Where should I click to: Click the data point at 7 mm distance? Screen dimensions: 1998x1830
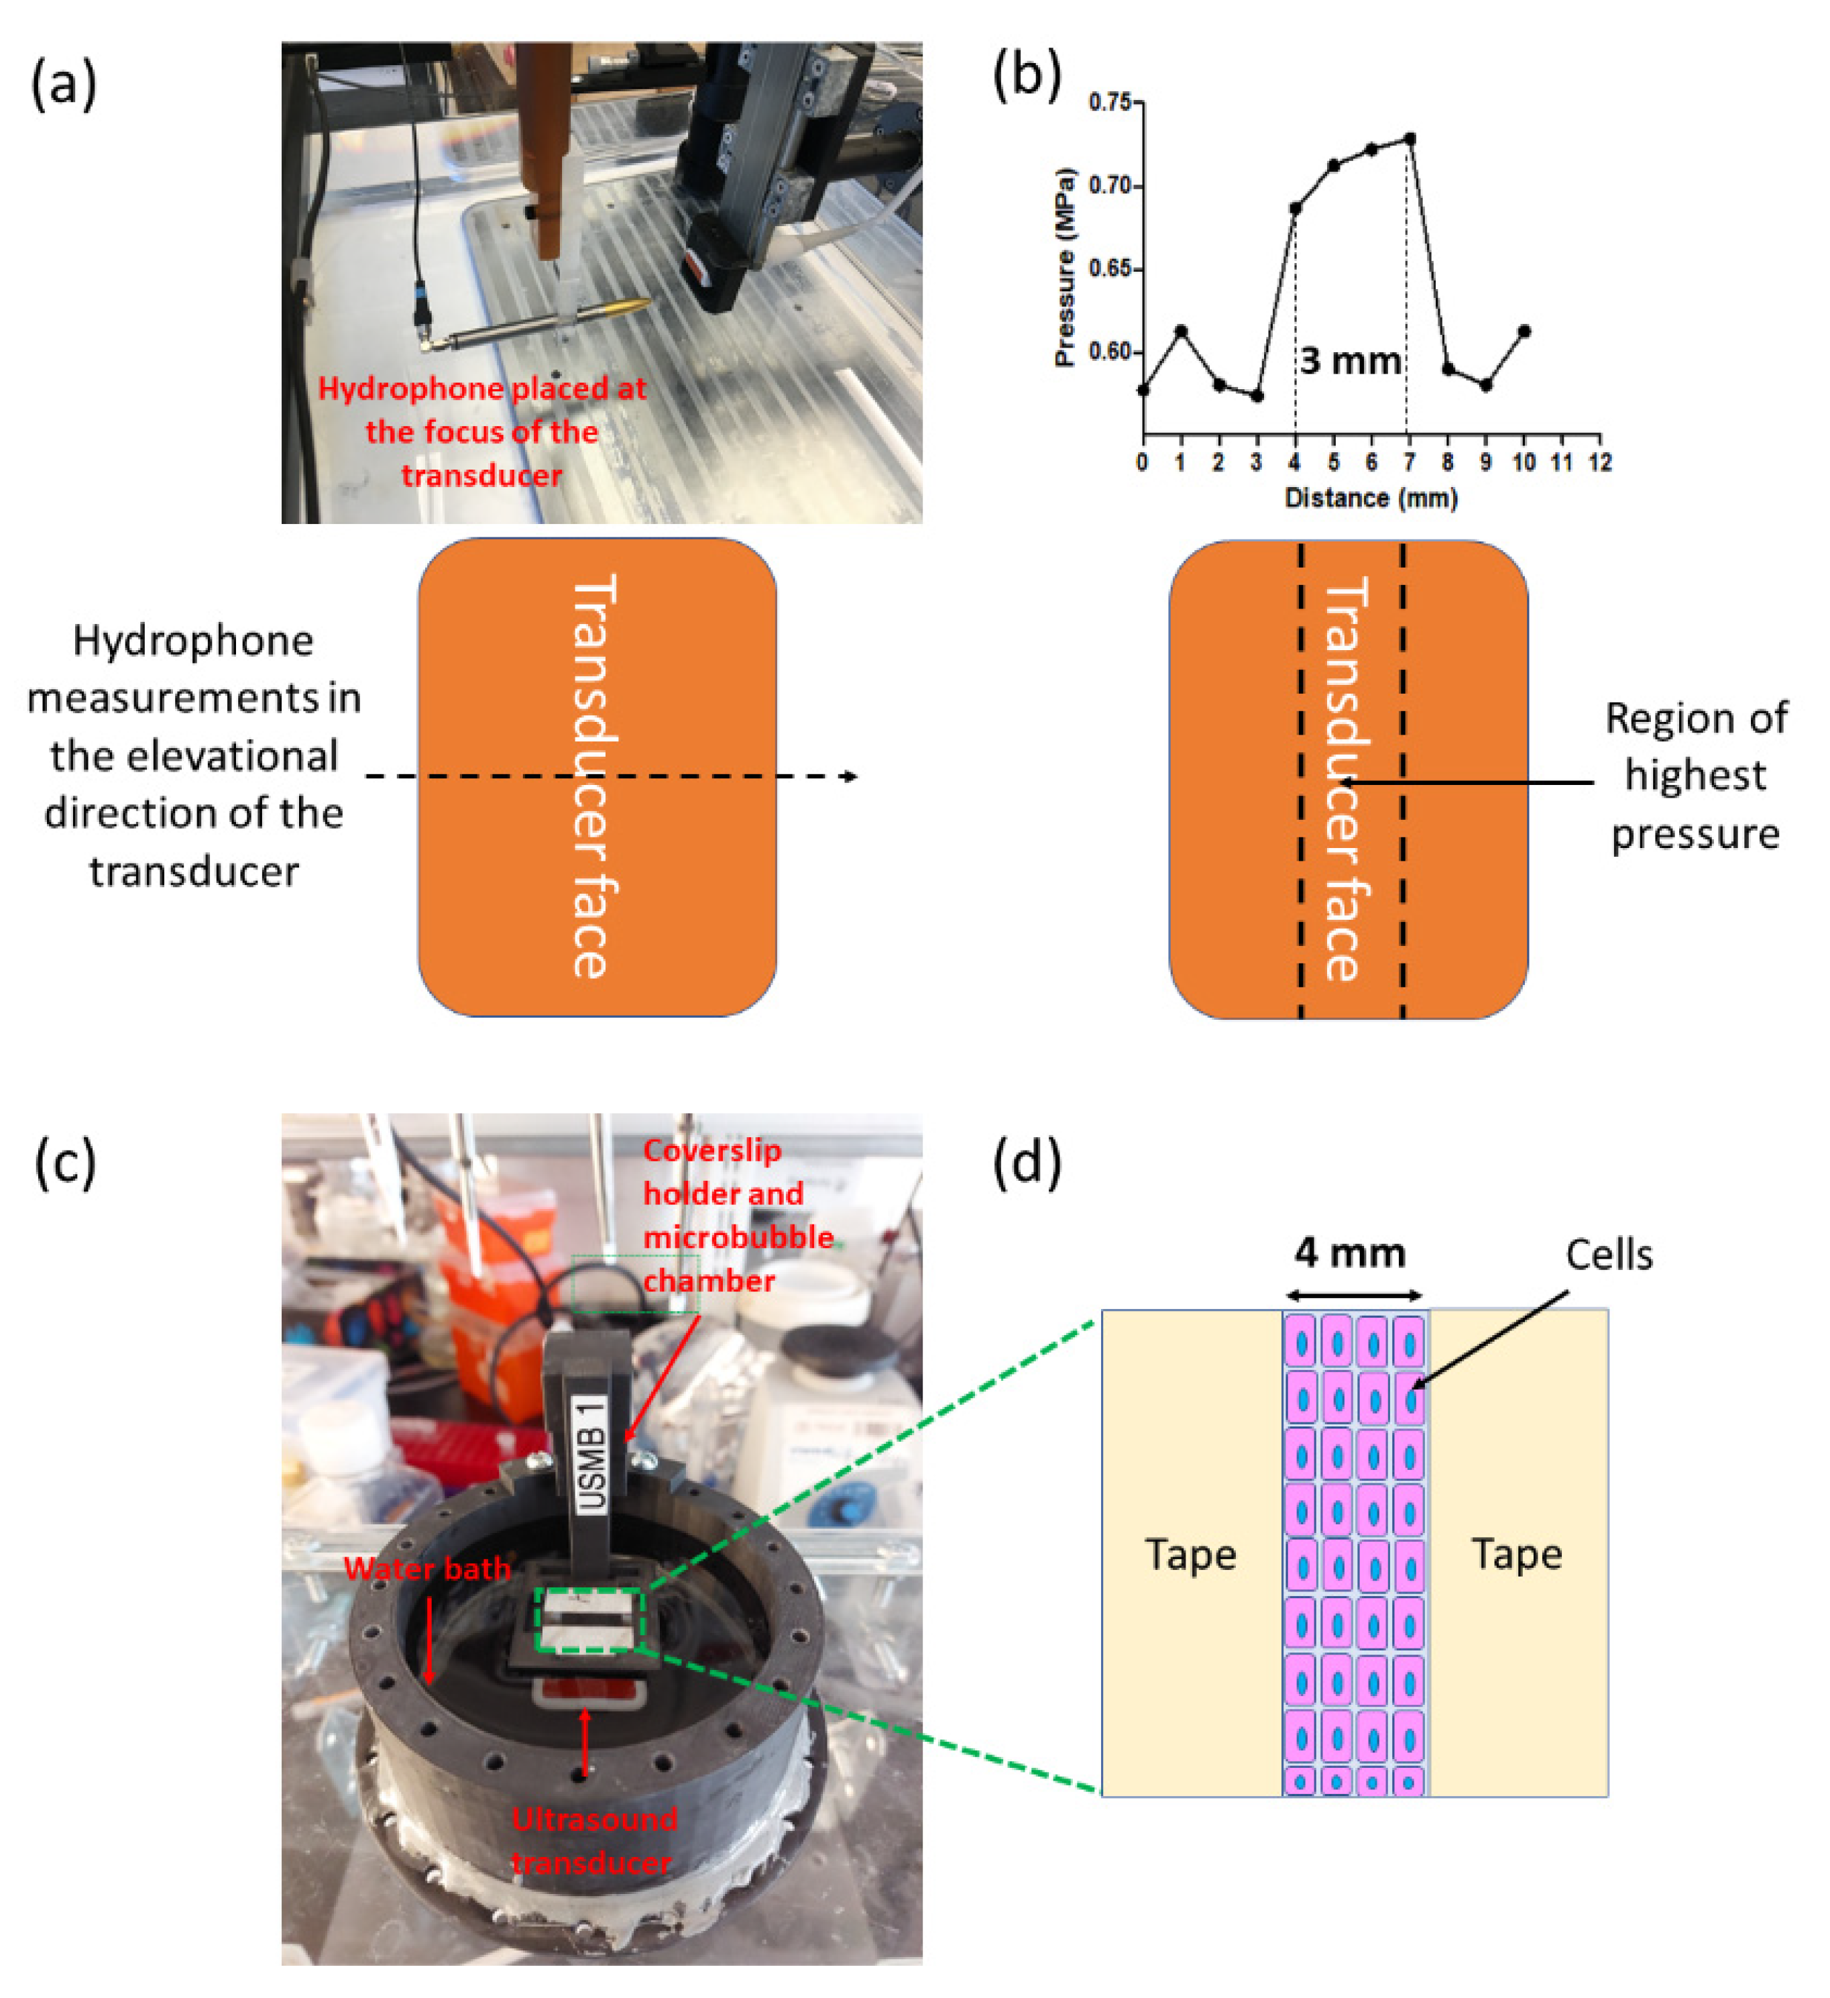pyautogui.click(x=1409, y=139)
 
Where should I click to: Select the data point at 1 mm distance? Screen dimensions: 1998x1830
pyautogui.click(x=1180, y=331)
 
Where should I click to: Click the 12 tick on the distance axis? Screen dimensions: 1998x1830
pyautogui.click(x=1599, y=462)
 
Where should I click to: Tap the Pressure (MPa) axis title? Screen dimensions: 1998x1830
pyautogui.click(x=1064, y=268)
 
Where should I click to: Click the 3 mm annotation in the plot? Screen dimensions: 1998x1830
pyautogui.click(x=1349, y=361)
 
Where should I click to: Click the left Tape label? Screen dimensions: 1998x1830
pyautogui.click(x=1190, y=1554)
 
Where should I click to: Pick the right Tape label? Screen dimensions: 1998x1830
pyautogui.click(x=1516, y=1553)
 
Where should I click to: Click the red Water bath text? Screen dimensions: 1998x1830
pyautogui.click(x=427, y=1569)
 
